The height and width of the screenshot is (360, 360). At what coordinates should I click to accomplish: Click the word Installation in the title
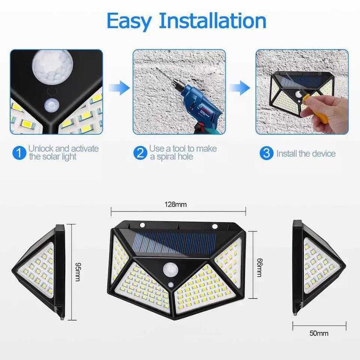(x=212, y=21)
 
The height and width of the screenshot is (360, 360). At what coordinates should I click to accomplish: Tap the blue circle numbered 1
(x=18, y=153)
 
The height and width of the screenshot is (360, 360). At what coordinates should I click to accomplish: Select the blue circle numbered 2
(x=140, y=153)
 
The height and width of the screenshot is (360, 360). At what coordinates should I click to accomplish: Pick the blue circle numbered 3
(x=266, y=153)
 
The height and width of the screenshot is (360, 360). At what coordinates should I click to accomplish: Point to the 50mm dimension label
(x=319, y=333)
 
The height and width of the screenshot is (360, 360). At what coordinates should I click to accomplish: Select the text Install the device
(x=306, y=153)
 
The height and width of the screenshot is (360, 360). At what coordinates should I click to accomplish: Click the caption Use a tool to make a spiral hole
(x=183, y=153)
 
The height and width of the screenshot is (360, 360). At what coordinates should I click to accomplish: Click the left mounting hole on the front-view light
(x=142, y=225)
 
